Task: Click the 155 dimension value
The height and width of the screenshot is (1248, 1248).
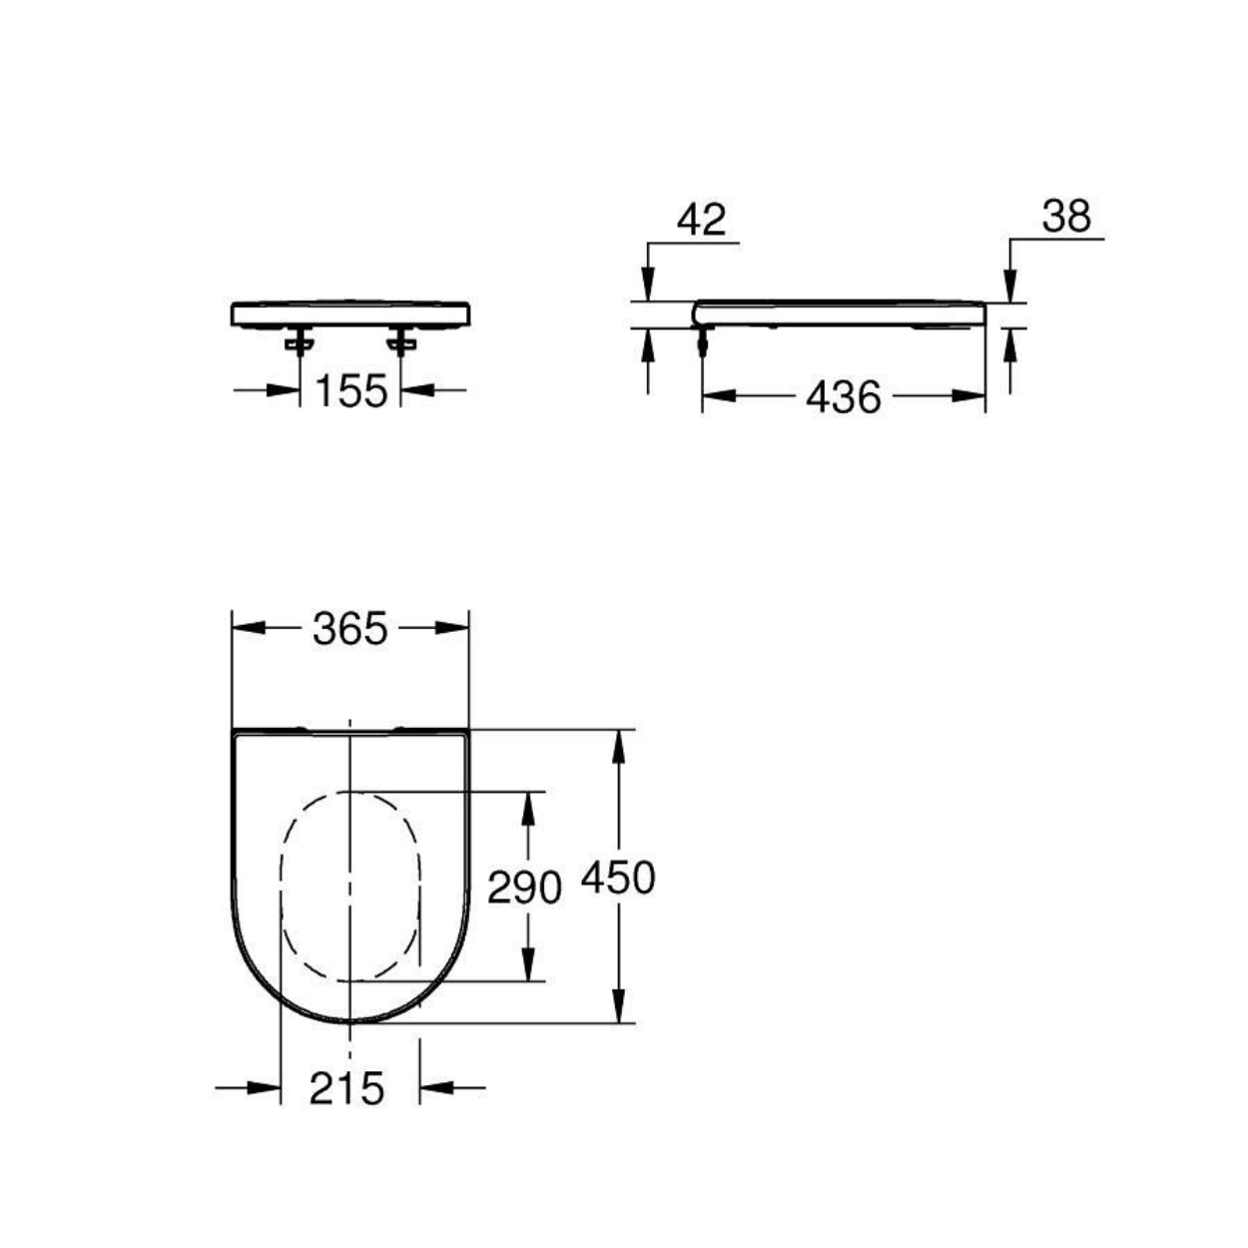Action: pyautogui.click(x=350, y=391)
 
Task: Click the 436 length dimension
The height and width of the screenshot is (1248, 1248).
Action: pyautogui.click(x=844, y=397)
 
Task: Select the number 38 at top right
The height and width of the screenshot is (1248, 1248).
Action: pyautogui.click(x=1066, y=217)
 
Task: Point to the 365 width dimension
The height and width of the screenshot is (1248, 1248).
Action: pyautogui.click(x=349, y=629)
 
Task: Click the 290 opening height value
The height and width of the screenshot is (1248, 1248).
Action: pyautogui.click(x=524, y=887)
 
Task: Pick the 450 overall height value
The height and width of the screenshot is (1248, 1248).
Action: pyautogui.click(x=619, y=879)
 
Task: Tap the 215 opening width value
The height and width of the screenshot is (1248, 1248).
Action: pyautogui.click(x=346, y=1088)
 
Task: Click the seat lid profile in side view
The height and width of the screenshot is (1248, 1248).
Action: pyautogui.click(x=839, y=312)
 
